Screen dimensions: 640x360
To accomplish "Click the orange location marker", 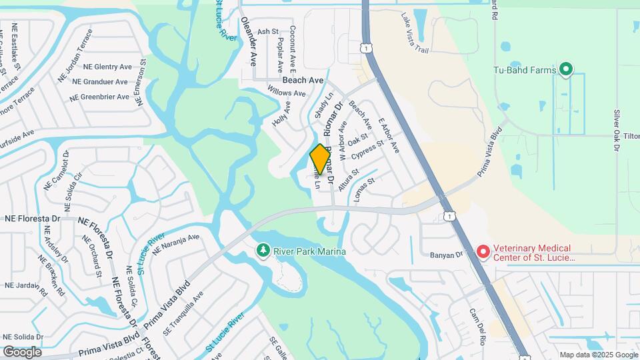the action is point(320,159).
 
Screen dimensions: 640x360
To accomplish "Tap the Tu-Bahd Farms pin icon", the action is point(566,69).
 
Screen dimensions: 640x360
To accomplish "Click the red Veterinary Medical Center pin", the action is point(483,252).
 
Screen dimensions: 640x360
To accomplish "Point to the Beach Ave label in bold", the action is point(303,80).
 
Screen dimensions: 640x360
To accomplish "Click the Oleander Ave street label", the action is point(249,41).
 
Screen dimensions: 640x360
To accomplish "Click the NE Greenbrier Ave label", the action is point(99,97).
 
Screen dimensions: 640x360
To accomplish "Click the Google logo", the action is point(22,351).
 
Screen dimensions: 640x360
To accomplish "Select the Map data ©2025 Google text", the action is point(598,355).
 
